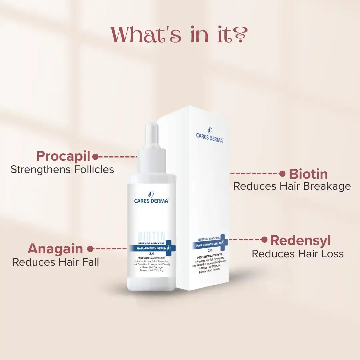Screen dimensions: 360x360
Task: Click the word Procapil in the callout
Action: tap(63, 156)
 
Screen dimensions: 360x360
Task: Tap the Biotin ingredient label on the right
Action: tap(308, 174)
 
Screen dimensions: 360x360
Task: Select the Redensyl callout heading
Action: tap(300, 240)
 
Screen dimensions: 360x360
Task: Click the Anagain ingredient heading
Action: tap(55, 249)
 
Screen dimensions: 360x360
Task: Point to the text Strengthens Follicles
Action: tap(62, 169)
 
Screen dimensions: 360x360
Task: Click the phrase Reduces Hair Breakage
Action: tap(292, 186)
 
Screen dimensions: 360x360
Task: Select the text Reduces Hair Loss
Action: tap(297, 254)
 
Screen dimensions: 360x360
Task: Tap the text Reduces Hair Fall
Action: tap(56, 262)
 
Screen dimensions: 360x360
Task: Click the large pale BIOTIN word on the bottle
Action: tap(151, 236)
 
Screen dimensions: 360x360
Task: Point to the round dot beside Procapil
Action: tap(95, 156)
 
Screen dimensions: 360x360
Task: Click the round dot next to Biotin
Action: tap(282, 174)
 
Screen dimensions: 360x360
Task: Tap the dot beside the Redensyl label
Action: tap(264, 239)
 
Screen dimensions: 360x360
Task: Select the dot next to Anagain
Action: tap(90, 249)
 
